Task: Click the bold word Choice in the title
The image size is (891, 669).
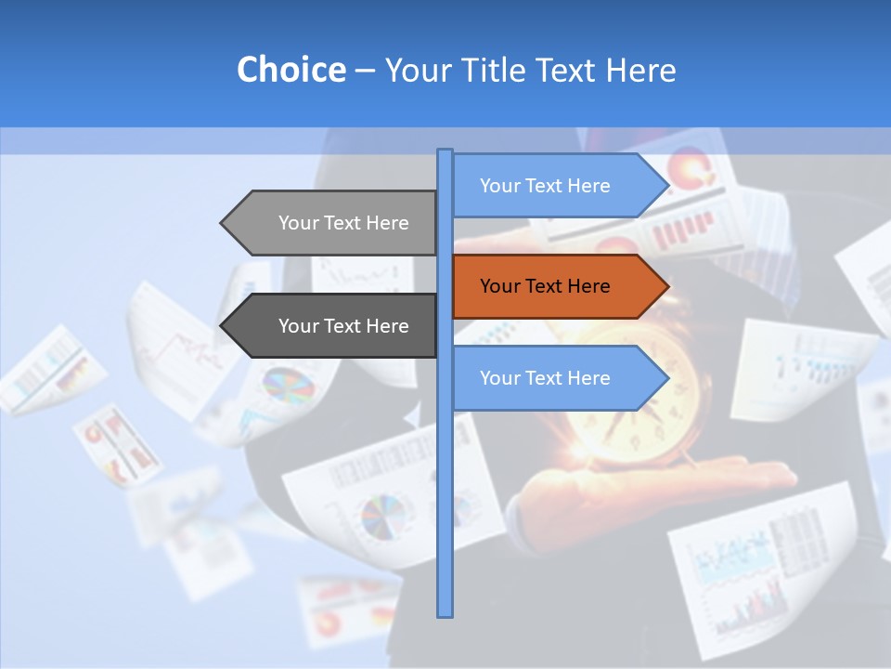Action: coord(291,70)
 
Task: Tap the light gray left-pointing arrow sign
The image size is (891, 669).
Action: coord(334,223)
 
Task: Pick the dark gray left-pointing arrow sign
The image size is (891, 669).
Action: coord(334,326)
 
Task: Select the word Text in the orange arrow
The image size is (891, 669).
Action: coord(545,286)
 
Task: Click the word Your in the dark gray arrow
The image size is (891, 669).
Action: coord(299,326)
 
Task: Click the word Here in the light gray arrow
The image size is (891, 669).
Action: coord(387,223)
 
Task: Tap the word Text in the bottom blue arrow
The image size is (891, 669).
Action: coord(545,378)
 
